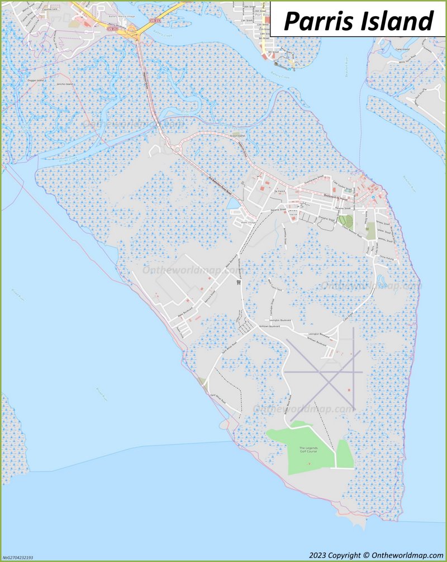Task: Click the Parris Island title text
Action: coord(358,21)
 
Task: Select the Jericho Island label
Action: coord(65,84)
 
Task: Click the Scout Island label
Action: coord(237,135)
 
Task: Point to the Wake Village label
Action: coord(248,222)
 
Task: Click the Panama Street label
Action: coord(278,210)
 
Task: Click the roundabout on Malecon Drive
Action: coord(178,149)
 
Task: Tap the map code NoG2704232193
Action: coord(17,557)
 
